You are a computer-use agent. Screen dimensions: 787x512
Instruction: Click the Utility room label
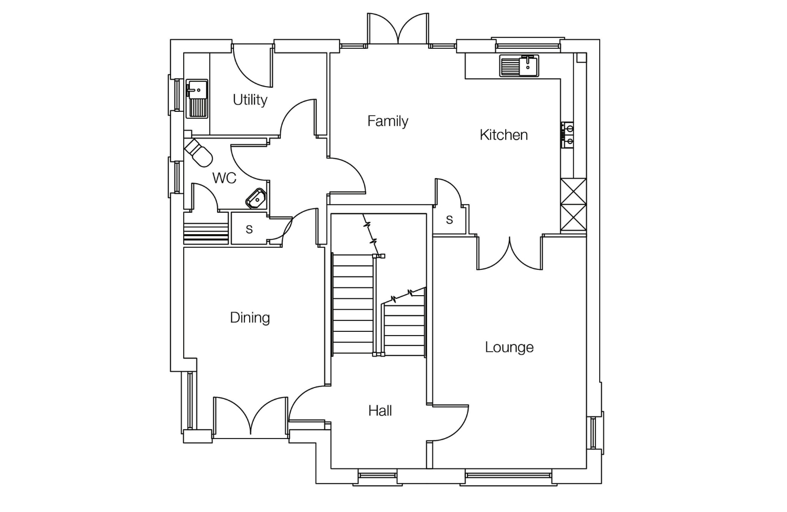point(250,100)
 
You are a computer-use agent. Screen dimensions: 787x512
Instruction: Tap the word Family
point(388,121)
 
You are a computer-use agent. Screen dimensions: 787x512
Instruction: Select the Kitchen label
point(504,135)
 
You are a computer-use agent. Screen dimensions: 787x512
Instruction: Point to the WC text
point(224,179)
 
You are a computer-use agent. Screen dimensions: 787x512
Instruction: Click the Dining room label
point(250,318)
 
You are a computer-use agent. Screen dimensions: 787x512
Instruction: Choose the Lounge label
point(509,348)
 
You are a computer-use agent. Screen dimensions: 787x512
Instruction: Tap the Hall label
point(380,411)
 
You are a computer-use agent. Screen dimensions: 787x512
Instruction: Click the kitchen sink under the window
point(519,66)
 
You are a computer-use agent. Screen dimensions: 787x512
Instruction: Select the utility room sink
point(197,99)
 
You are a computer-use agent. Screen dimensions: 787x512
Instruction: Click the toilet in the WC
point(198,153)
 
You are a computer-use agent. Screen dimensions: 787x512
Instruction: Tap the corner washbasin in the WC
point(256,198)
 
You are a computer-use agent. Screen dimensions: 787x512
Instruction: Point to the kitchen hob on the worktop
point(567,135)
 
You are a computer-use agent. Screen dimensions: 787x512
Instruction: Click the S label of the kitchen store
point(449,220)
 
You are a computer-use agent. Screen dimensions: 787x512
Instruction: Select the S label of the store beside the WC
point(249,229)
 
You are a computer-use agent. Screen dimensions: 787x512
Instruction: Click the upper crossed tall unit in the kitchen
point(573,191)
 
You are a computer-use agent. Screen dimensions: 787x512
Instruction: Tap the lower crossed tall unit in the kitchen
point(573,217)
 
